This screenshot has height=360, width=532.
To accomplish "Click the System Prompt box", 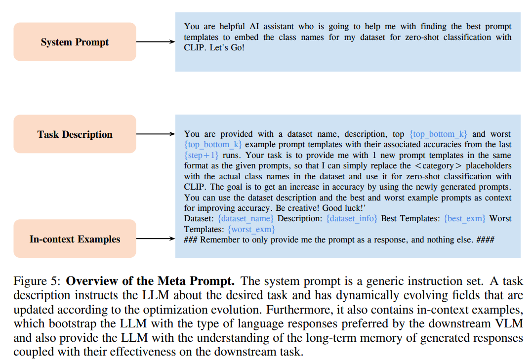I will [x=75, y=42].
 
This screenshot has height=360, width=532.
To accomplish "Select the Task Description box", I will [x=75, y=134].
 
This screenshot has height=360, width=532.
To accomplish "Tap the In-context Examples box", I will [x=75, y=239].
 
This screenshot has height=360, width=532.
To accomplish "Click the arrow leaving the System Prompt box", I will [x=155, y=42].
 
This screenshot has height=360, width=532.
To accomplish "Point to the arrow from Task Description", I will [x=155, y=134].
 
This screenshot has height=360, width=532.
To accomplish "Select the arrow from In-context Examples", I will [x=155, y=239].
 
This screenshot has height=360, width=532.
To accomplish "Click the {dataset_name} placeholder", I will [x=246, y=218].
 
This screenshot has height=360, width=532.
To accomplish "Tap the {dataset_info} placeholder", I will [x=352, y=218].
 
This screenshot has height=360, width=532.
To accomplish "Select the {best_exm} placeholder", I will [x=465, y=218].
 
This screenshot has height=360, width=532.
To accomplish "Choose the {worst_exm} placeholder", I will [x=251, y=229].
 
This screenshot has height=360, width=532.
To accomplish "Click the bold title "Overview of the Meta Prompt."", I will [x=151, y=281].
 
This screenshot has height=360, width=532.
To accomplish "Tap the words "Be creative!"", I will [x=297, y=208].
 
